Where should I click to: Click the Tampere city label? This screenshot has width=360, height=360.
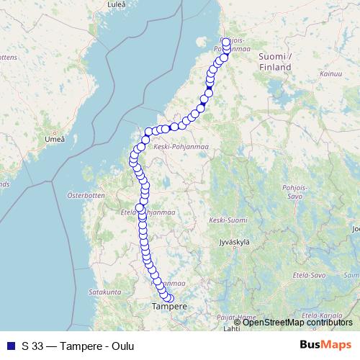pyautogui.click(x=170, y=306)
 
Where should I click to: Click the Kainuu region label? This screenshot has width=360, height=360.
pyautogui.click(x=331, y=73)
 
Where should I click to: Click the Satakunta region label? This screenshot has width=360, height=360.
pyautogui.click(x=104, y=293)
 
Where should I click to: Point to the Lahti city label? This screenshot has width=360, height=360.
pyautogui.click(x=231, y=329)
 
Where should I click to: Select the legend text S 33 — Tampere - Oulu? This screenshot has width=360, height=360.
pyautogui.click(x=78, y=346)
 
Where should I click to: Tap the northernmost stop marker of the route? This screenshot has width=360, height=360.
pyautogui.click(x=226, y=42)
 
